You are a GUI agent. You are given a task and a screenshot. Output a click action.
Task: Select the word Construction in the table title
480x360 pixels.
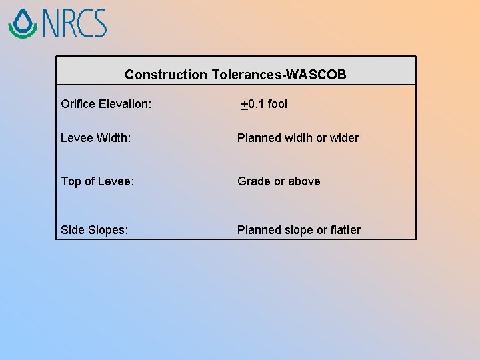(166, 75)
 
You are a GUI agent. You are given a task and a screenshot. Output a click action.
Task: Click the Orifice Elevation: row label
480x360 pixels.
(106, 104)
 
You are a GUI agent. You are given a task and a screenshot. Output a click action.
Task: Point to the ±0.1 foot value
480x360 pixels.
(265, 104)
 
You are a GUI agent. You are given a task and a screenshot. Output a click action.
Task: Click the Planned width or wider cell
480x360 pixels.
(298, 138)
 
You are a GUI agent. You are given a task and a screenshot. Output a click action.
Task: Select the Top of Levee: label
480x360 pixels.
(97, 181)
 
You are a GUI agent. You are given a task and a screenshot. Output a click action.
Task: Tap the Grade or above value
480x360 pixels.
(279, 181)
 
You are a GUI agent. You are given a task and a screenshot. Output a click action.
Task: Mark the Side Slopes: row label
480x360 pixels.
(95, 230)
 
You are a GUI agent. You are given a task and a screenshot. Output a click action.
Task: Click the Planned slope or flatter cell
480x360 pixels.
(299, 230)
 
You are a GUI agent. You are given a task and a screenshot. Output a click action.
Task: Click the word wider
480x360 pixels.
(345, 138)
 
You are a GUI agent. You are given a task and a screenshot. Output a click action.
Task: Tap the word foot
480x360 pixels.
(277, 104)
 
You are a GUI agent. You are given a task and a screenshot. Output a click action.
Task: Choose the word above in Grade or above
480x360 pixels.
(304, 181)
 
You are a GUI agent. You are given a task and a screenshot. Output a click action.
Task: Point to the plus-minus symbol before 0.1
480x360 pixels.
(245, 105)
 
